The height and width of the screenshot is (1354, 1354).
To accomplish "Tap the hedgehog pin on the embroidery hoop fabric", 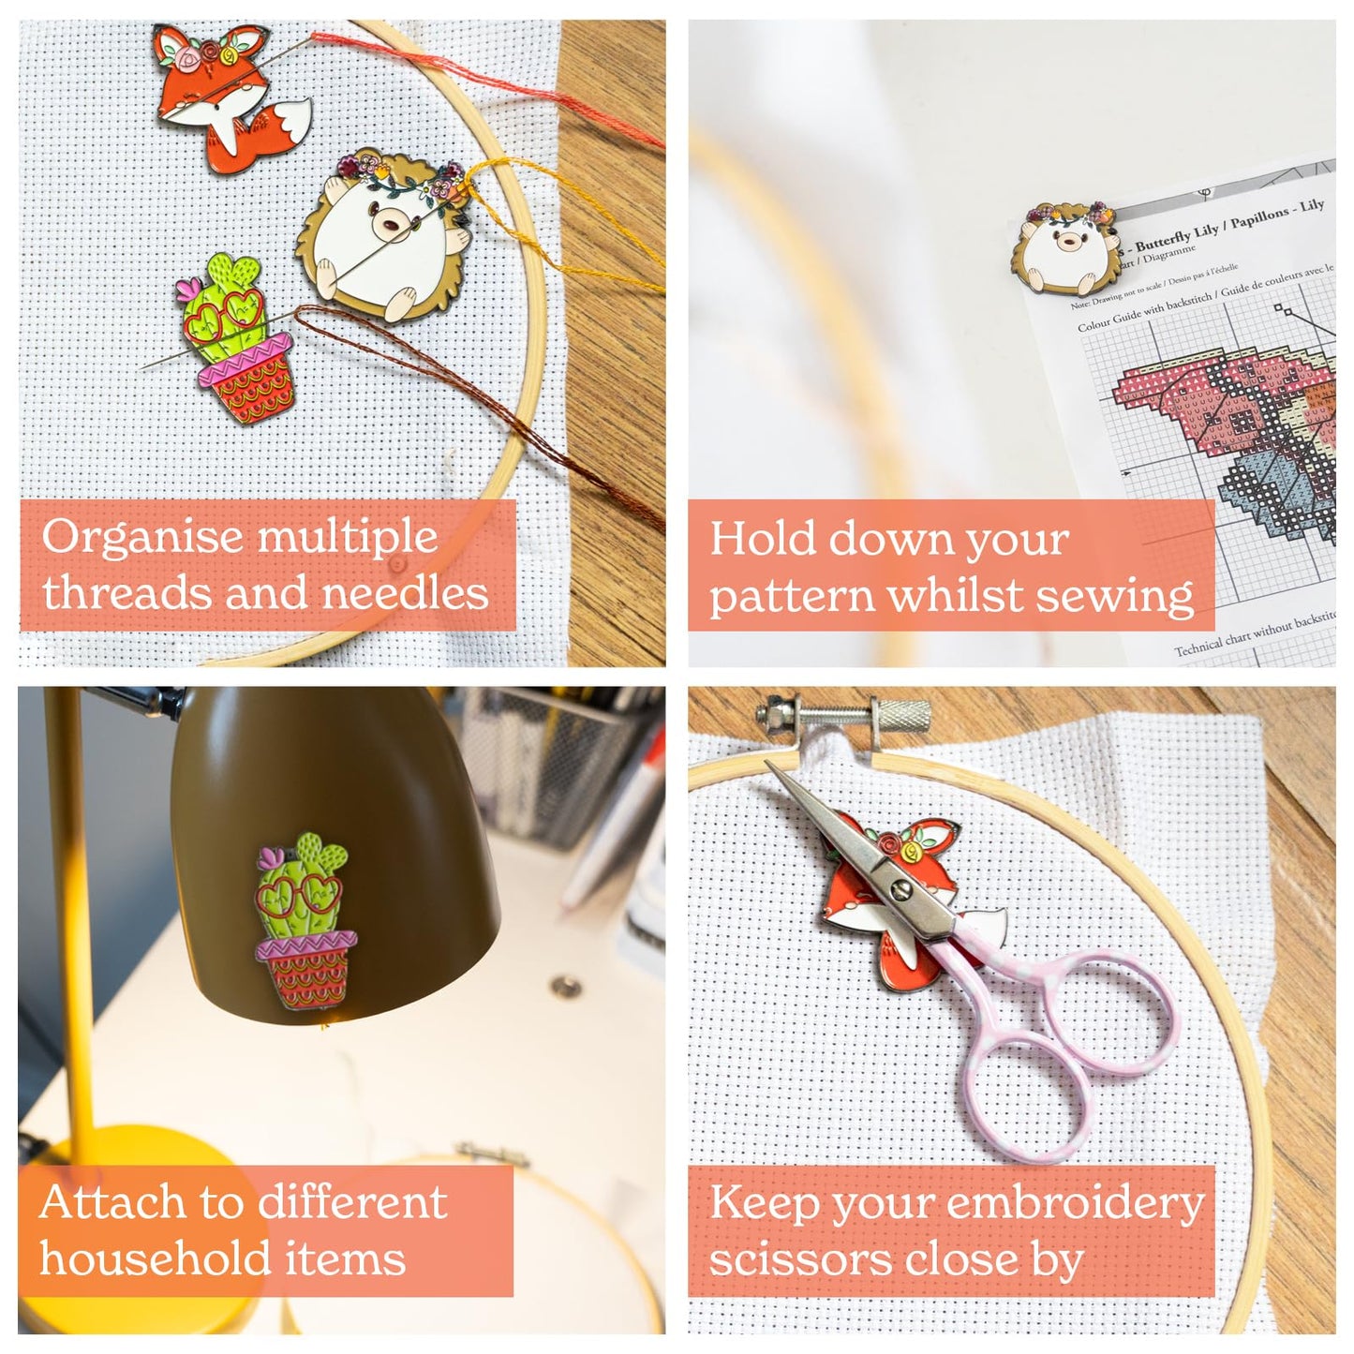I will pos(384,239).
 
